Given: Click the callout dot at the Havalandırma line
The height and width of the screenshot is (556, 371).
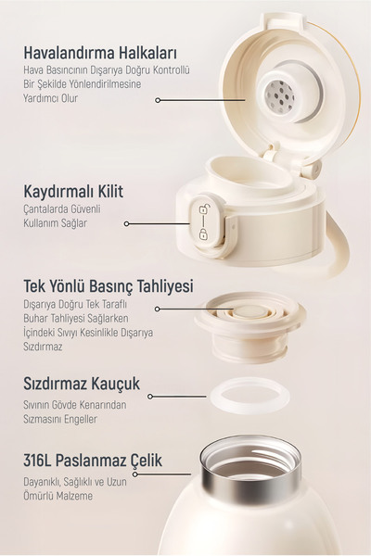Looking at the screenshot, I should (x=160, y=99).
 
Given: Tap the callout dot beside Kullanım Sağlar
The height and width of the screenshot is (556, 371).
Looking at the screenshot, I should (x=125, y=223).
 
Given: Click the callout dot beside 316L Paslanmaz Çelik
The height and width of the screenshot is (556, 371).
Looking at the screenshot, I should (x=135, y=474).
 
